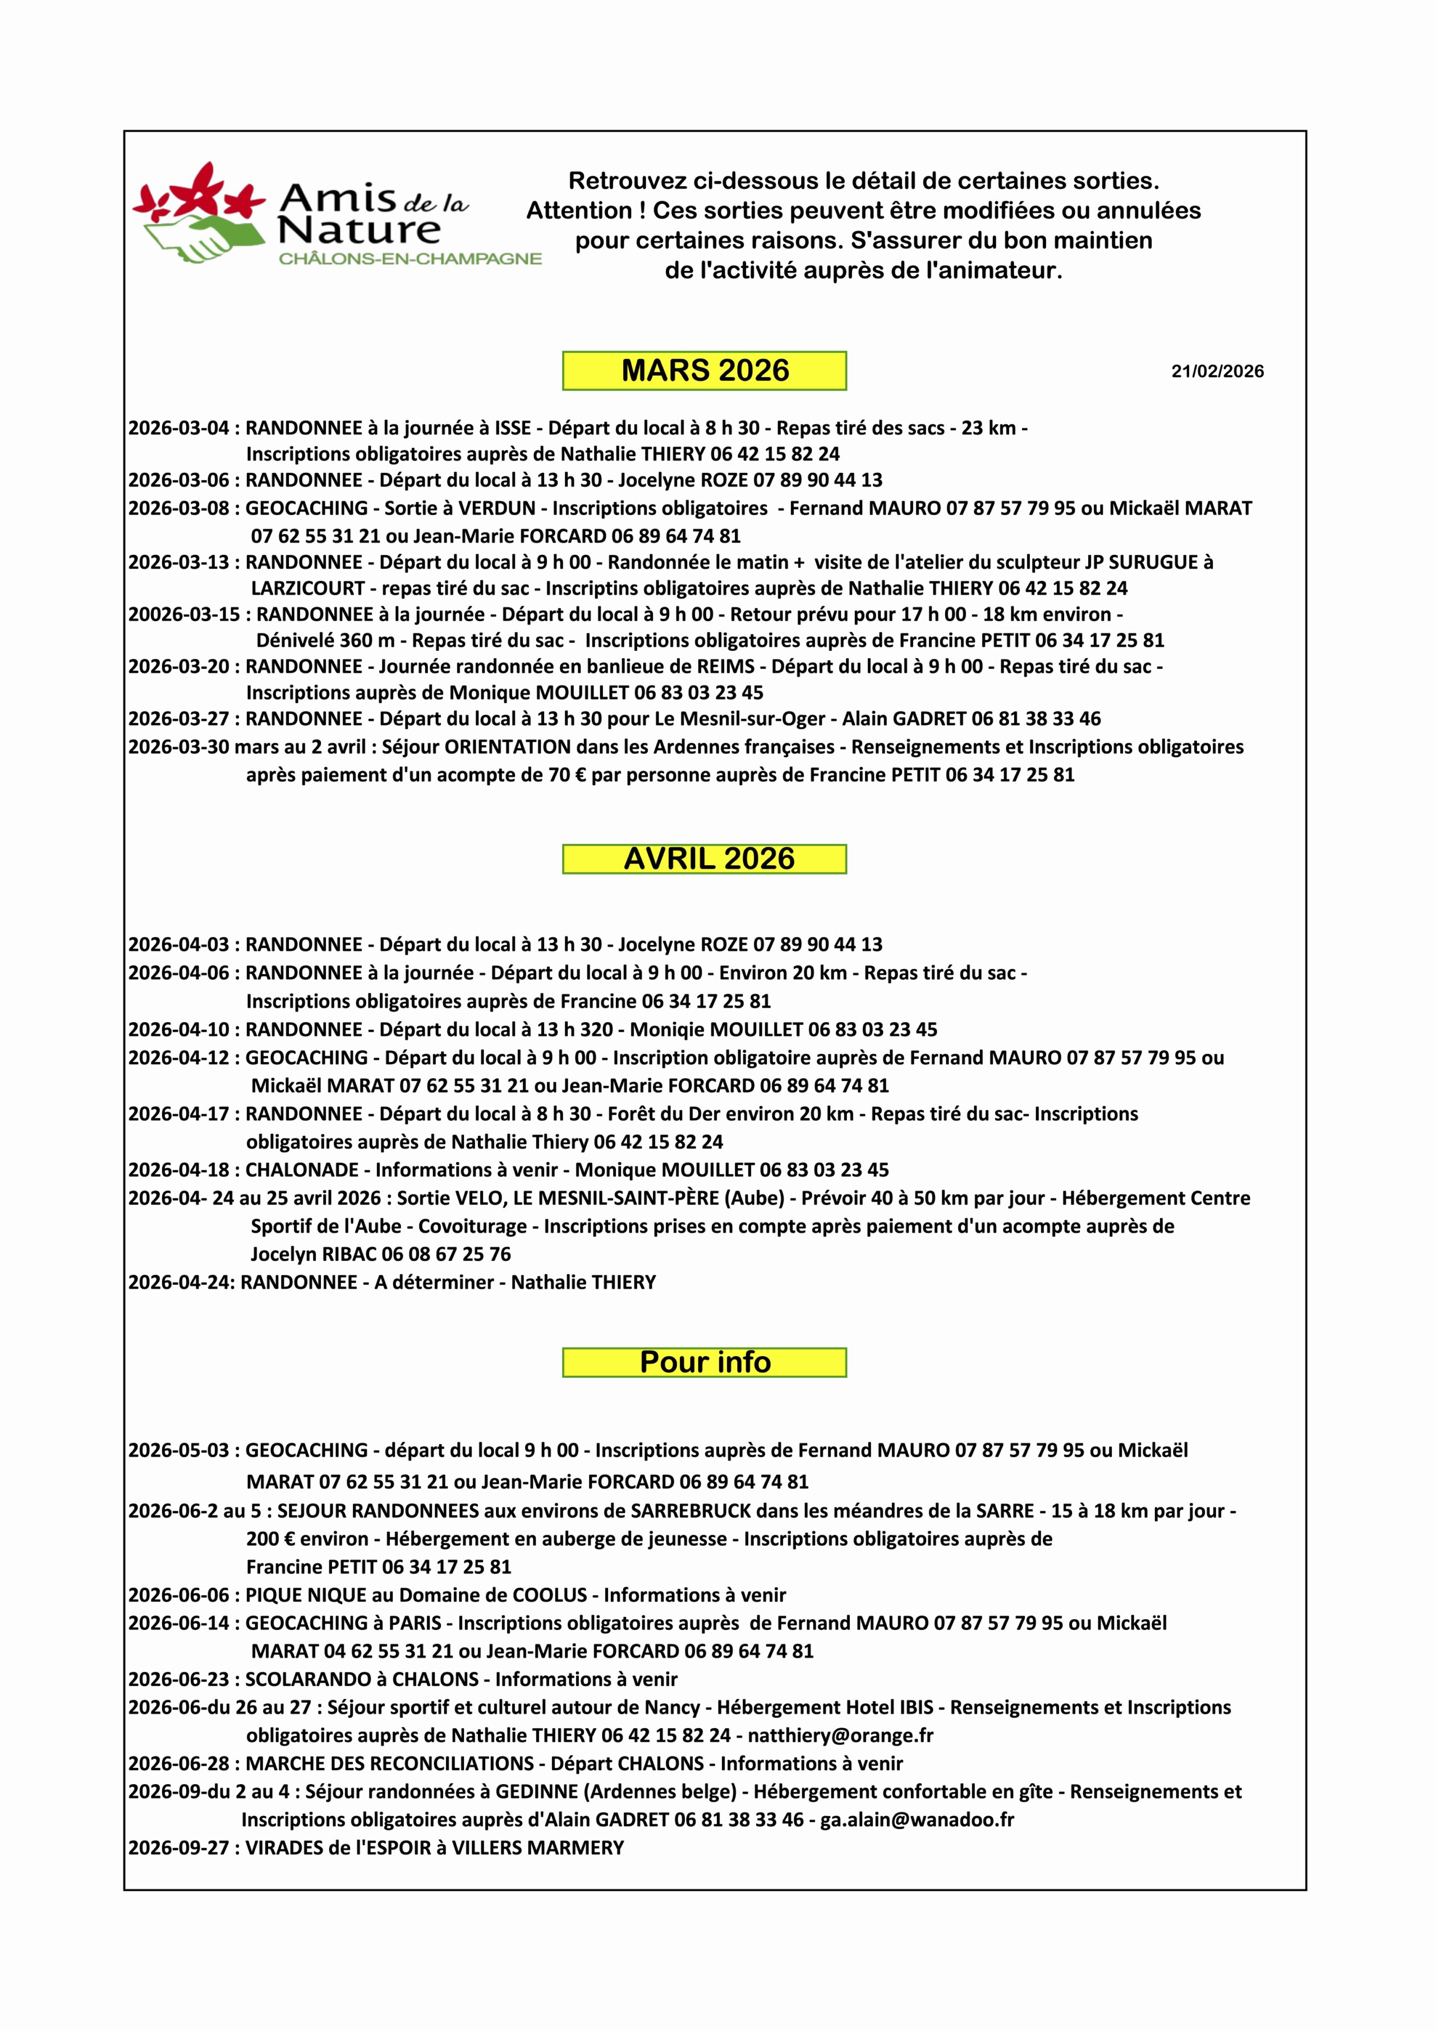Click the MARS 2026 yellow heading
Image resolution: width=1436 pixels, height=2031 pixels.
click(704, 371)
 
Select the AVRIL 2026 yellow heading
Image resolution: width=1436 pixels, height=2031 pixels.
click(704, 859)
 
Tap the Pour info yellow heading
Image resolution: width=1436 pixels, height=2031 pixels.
click(704, 1362)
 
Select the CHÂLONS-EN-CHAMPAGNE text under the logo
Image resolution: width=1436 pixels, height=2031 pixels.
click(409, 259)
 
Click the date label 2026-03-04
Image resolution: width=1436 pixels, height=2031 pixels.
click(178, 428)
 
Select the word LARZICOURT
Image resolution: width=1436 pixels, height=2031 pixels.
click(308, 588)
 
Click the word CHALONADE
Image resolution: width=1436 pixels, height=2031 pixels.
click(302, 1170)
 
